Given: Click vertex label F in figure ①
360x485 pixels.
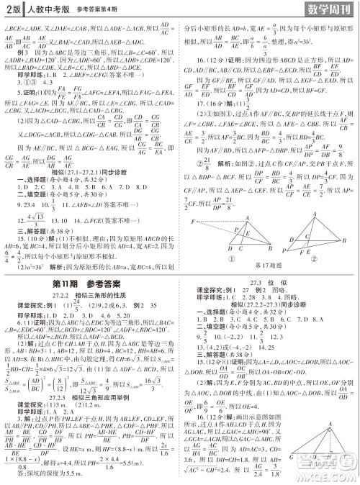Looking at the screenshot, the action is click(x=192, y=224).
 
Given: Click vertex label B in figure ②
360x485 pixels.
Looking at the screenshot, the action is click(x=351, y=241).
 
